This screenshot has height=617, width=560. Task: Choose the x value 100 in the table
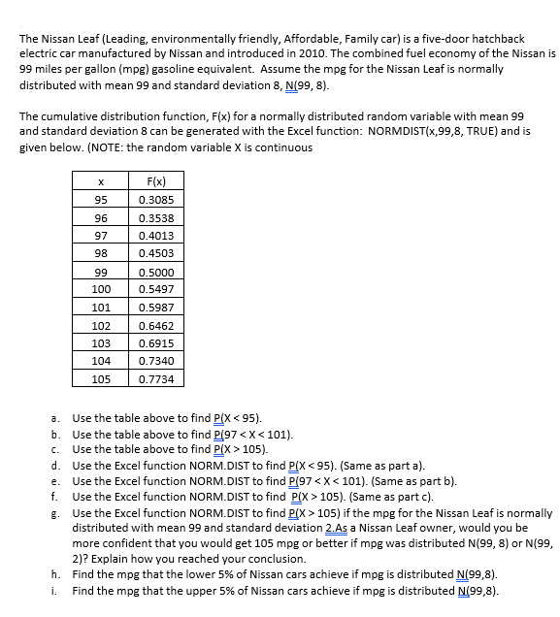tap(101, 289)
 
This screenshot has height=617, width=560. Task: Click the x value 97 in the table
tap(101, 236)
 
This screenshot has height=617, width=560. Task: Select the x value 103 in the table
tap(101, 343)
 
